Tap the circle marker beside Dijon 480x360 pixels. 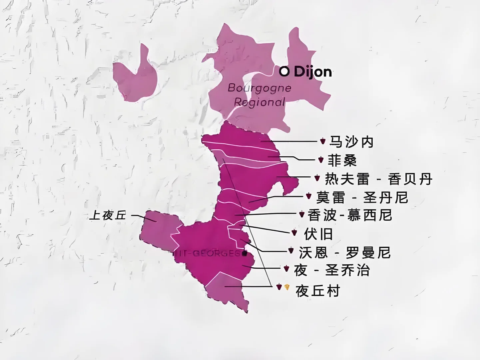[284, 71]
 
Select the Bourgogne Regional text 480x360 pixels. [259, 95]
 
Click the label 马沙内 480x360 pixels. [351, 142]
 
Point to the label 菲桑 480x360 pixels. [342, 160]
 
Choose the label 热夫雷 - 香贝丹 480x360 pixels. [378, 179]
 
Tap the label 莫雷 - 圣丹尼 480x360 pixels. [362, 197]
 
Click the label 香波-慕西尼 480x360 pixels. [349, 215]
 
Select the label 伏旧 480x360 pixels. [318, 234]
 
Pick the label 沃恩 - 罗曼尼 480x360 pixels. [344, 252]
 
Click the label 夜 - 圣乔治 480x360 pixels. [332, 270]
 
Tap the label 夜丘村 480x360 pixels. [317, 291]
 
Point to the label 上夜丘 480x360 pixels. [108, 216]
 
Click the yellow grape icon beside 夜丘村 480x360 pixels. [287, 287]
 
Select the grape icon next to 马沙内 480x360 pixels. [322, 141]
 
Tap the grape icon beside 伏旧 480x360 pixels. [294, 233]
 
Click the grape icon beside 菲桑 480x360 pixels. [321, 160]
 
